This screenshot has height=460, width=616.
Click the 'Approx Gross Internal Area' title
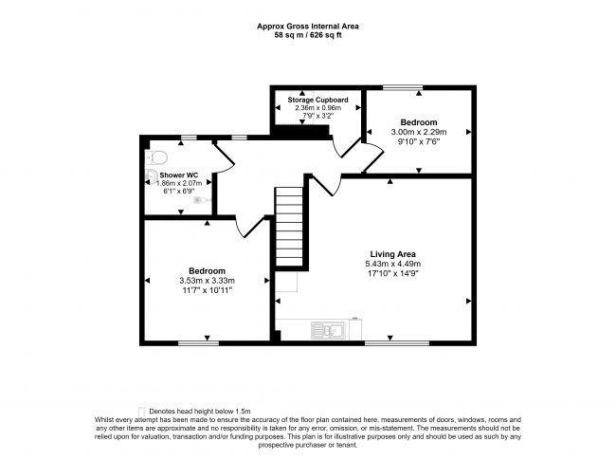coord(307,27)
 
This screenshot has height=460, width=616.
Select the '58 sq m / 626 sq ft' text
coord(307,35)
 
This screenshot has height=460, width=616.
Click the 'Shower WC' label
coord(178,175)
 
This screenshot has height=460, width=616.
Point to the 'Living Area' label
coord(391,253)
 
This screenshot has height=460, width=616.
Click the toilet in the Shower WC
coord(156,157)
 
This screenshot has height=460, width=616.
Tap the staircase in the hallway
coord(289,228)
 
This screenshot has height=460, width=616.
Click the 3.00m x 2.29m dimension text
coord(418,134)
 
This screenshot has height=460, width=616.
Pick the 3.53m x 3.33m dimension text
coord(206,281)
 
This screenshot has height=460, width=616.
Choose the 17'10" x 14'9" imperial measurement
coord(391,273)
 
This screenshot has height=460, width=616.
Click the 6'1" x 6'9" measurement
coord(178,193)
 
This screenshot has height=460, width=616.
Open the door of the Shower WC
coord(220,161)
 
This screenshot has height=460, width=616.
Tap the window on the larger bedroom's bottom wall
coord(192,342)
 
